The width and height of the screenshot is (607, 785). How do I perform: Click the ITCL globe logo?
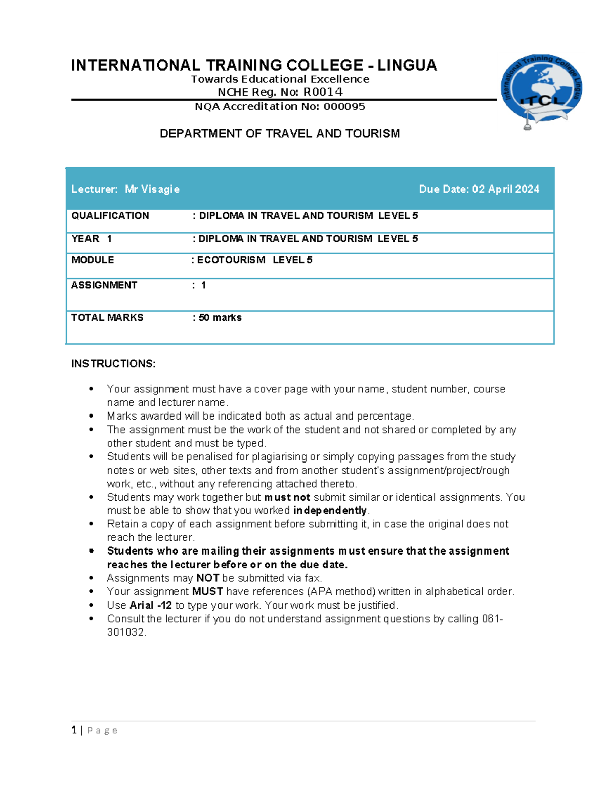(541, 90)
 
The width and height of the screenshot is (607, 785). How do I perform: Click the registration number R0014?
(323, 92)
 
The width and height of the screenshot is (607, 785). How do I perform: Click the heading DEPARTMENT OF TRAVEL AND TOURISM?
(280, 133)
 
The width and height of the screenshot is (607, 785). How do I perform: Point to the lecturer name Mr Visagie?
(152, 189)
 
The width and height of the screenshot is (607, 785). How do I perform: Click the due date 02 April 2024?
(505, 189)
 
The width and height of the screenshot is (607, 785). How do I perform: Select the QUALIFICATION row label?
(110, 216)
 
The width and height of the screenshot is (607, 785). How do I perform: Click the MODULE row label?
(93, 260)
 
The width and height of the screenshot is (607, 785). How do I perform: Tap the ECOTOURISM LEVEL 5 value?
(254, 260)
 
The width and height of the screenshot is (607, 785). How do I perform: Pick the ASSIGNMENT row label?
(104, 285)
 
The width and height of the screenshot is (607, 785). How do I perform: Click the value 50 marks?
(220, 318)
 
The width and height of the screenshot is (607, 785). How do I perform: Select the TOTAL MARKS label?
(107, 318)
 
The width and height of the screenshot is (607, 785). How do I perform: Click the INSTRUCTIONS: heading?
(113, 364)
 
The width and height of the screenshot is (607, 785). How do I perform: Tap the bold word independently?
(330, 511)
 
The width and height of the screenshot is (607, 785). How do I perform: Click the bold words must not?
(287, 497)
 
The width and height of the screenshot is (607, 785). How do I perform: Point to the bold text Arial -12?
(151, 605)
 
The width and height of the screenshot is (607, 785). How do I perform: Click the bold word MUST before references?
(207, 591)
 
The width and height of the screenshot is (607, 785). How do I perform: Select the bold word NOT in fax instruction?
(207, 578)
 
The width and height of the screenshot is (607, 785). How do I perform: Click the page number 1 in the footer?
(74, 730)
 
